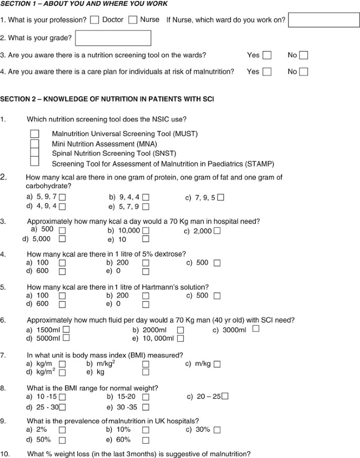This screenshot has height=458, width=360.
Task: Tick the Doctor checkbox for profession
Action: pos(95,20)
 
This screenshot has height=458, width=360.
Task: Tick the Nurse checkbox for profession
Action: pos(133,20)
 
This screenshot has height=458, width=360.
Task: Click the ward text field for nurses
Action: pos(320,21)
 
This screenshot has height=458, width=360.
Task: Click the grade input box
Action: pos(113,38)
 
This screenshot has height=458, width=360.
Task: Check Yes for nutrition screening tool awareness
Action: pos(267,55)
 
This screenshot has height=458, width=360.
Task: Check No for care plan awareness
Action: pos(304,72)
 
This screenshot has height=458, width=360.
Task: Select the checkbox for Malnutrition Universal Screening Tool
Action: pos(35,134)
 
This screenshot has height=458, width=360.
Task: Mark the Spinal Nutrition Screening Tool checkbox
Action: pos(35,153)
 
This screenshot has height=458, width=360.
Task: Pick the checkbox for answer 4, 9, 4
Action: pos(62,207)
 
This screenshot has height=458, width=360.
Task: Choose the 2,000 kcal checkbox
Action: pos(217,231)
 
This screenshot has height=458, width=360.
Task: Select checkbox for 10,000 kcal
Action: pos(146,231)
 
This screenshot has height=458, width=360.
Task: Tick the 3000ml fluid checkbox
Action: pos(256,329)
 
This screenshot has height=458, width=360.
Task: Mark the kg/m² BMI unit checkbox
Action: pos(62,372)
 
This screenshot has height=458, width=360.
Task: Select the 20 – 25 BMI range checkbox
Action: pos(225,396)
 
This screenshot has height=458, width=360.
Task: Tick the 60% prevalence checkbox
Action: pos(146,440)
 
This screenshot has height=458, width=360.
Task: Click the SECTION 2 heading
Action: pos(107,99)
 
